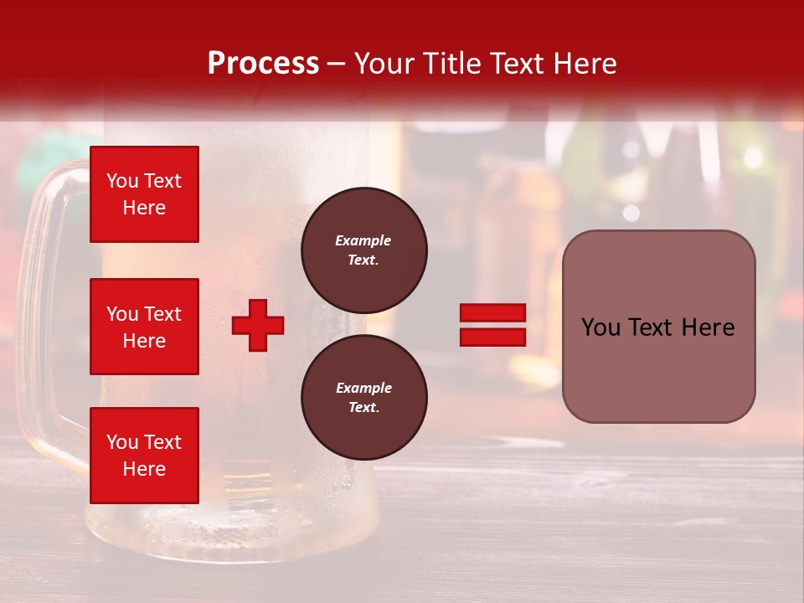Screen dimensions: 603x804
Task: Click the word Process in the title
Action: click(x=263, y=64)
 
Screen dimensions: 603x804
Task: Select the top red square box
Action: click(x=144, y=194)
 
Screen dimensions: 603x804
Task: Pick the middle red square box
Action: click(x=144, y=327)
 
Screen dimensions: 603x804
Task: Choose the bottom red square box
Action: click(x=144, y=456)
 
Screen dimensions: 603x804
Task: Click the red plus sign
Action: click(x=258, y=325)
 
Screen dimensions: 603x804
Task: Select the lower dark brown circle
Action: click(x=364, y=397)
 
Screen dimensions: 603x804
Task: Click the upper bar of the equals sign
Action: click(x=492, y=313)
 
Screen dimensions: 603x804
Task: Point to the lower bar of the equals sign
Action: click(x=492, y=337)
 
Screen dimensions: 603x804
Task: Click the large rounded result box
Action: click(x=658, y=327)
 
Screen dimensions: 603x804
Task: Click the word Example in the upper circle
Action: click(x=363, y=240)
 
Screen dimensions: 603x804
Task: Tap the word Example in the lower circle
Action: click(x=363, y=388)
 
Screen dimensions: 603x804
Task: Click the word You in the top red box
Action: click(x=122, y=181)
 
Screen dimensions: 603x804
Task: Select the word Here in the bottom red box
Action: click(x=144, y=469)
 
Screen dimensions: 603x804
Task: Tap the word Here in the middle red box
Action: click(x=144, y=341)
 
